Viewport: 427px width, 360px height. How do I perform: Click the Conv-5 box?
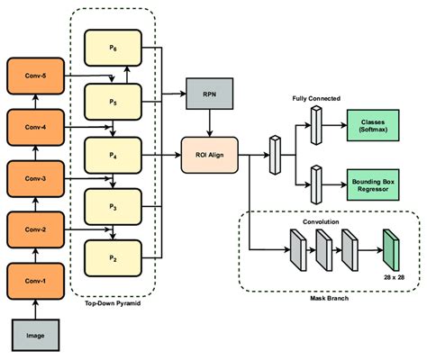click(x=35, y=76)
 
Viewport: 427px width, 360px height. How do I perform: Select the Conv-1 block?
click(x=35, y=281)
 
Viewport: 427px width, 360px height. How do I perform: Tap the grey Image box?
click(x=35, y=335)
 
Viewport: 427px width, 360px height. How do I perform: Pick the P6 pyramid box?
click(x=113, y=48)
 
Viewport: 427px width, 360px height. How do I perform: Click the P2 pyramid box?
click(x=113, y=258)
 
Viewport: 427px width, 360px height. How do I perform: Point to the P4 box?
click(x=113, y=155)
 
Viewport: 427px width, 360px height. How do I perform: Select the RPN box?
click(x=210, y=94)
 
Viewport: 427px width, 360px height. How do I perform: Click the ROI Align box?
click(x=210, y=155)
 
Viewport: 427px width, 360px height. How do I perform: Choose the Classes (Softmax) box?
click(x=373, y=125)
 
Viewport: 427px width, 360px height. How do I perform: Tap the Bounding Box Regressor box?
click(x=373, y=185)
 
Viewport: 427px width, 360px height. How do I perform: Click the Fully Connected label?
click(x=316, y=98)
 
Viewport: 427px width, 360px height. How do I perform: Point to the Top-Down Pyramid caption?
click(x=113, y=303)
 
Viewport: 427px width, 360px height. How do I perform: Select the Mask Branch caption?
click(x=330, y=298)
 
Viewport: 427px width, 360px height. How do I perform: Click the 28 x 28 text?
click(x=394, y=277)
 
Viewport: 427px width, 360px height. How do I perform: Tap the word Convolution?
click(x=321, y=221)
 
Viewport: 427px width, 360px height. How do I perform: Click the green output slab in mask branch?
click(x=391, y=250)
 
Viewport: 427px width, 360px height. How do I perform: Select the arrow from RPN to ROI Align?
click(x=210, y=123)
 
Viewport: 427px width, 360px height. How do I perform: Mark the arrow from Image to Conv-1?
click(x=35, y=310)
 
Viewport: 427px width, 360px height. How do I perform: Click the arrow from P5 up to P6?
click(x=127, y=75)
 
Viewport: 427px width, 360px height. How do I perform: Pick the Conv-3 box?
click(x=35, y=179)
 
